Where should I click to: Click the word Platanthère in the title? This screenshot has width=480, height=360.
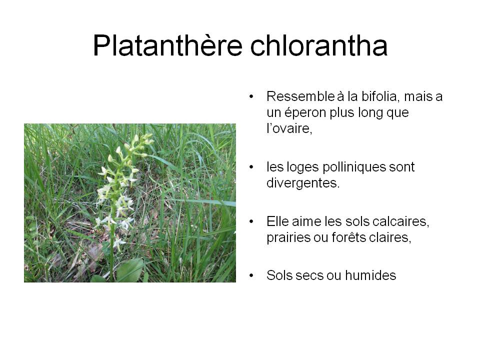pos(168,45)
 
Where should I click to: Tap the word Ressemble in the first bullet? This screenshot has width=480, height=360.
pos(300,96)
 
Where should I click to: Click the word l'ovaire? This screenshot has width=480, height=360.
pos(289,128)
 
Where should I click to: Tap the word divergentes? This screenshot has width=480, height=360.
pos(303,183)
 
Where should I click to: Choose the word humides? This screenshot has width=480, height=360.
pos(370,275)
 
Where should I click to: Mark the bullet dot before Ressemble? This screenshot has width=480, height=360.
pos(251,96)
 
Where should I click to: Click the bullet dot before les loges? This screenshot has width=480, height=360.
pos(251,167)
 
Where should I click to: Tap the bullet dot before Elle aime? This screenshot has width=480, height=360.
pos(251,221)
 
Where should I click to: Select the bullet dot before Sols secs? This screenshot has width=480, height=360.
pos(251,275)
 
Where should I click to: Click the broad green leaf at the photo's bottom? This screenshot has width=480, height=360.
pos(130,269)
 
